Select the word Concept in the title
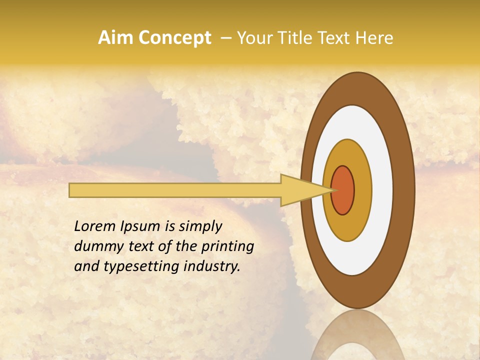pyautogui.click(x=174, y=38)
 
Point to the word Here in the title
pyautogui.click(x=374, y=38)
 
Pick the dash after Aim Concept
pyautogui.click(x=226, y=38)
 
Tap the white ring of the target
pyautogui.click(x=383, y=190)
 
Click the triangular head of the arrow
pyautogui.click(x=300, y=190)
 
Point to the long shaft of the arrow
pyautogui.click(x=175, y=190)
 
